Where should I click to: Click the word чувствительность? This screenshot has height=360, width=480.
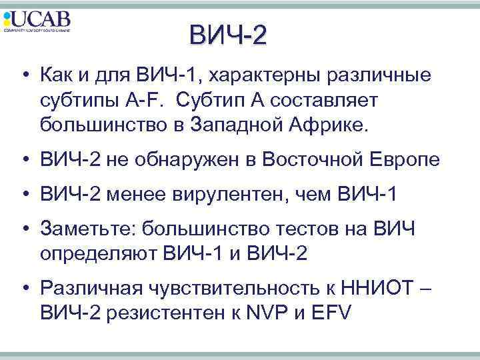pyautogui.click(x=216, y=289)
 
